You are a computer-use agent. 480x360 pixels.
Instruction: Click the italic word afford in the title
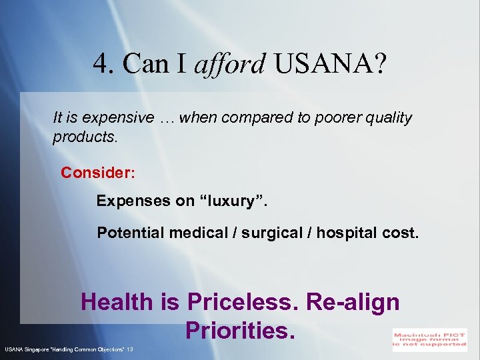229,64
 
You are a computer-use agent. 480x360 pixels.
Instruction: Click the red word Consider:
98,173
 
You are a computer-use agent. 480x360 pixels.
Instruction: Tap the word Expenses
135,201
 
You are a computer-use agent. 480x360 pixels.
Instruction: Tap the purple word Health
117,302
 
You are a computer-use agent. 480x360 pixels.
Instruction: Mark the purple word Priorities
240,330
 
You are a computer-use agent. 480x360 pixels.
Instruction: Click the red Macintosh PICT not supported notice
429,339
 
